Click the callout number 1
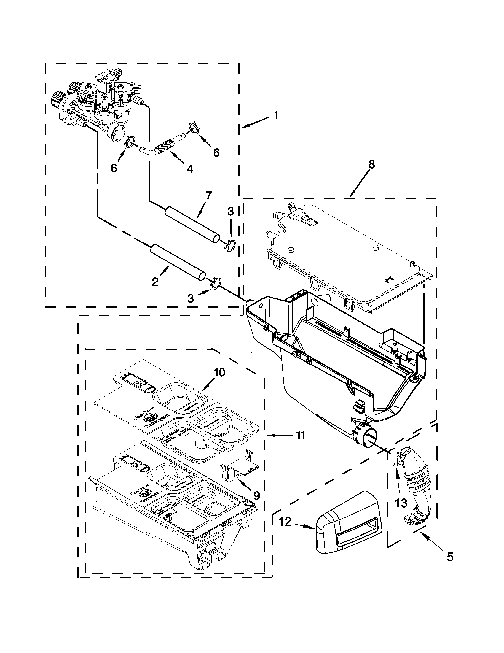(276, 115)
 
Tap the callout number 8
(371, 164)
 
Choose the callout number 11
(301, 435)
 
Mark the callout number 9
(256, 496)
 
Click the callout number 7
(208, 196)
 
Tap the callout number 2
(155, 281)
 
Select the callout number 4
(189, 169)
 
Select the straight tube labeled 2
(178, 262)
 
